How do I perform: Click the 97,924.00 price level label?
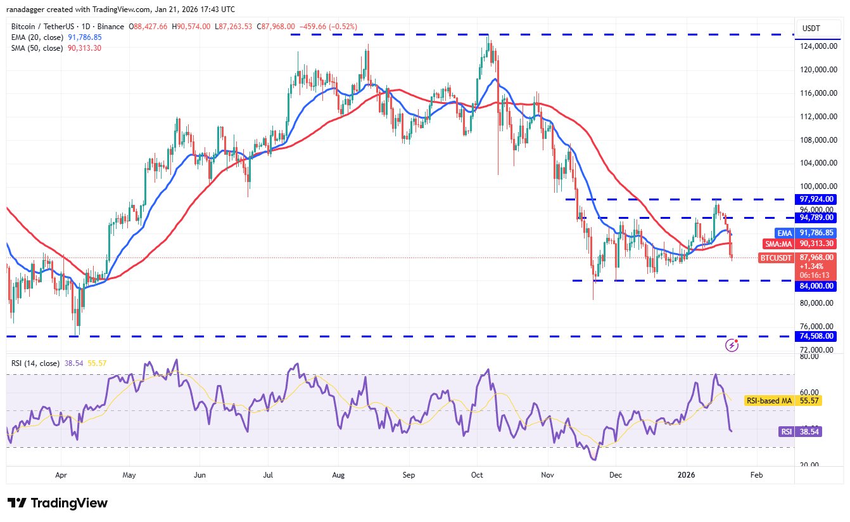click(x=818, y=199)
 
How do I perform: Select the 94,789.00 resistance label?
click(x=818, y=217)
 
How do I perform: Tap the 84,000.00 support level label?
click(x=818, y=286)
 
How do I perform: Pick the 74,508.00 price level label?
click(x=818, y=336)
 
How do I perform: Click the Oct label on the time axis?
click(x=478, y=474)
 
